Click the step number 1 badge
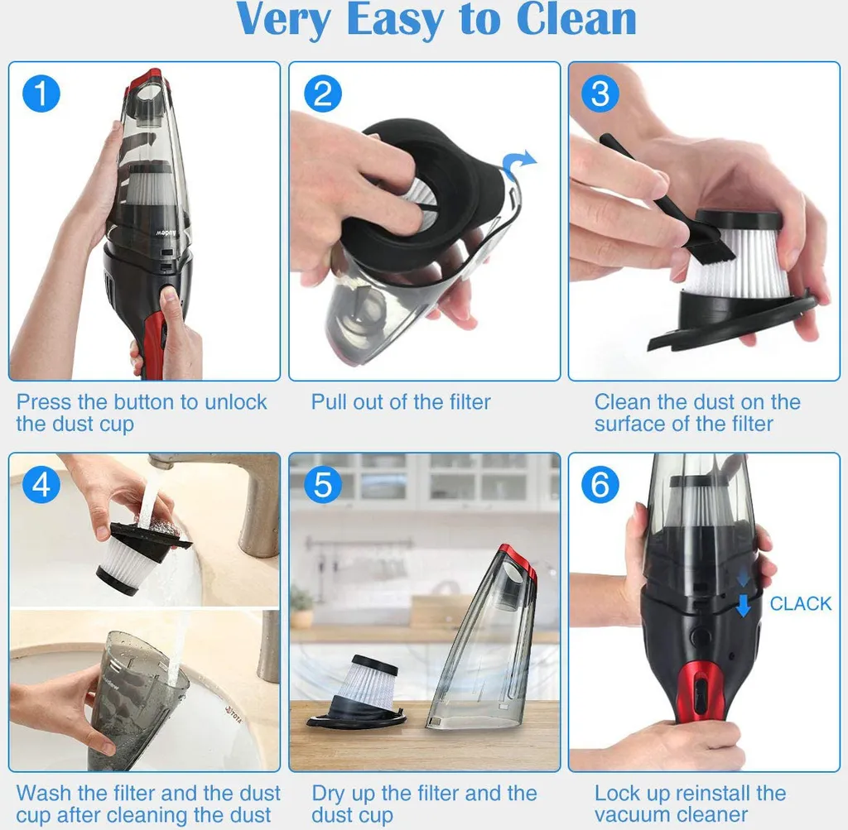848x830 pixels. coord(41,94)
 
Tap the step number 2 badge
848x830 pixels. coord(323,94)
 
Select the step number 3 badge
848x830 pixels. coord(600,94)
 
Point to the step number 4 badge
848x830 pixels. coord(41,484)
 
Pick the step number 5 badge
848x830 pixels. coord(323,484)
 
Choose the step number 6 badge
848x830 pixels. coord(600,484)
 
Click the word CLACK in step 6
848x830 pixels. coord(801,603)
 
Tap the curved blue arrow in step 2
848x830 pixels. coord(518,163)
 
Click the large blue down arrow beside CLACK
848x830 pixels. coord(744,605)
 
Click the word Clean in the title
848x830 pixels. coord(576,20)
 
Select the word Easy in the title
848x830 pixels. coord(394,22)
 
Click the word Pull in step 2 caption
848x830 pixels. coord(327,402)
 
